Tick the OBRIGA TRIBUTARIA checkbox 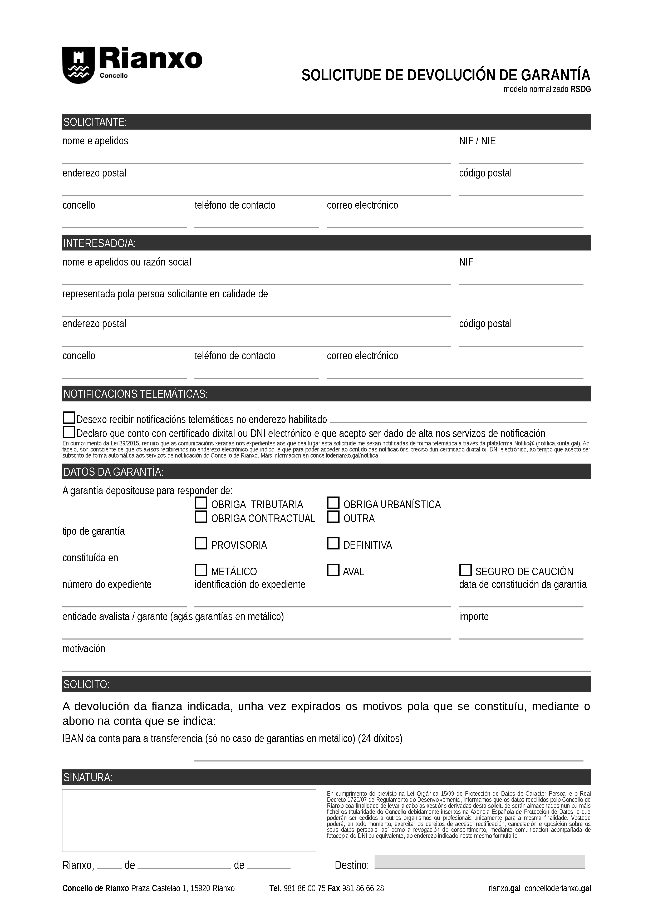tap(201, 503)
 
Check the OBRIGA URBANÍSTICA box tap(333, 503)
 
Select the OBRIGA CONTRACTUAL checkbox tap(201, 517)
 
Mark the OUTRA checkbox tap(333, 517)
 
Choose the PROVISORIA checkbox tap(201, 544)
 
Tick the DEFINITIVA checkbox tap(333, 544)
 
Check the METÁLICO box tap(201, 570)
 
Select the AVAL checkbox tap(333, 570)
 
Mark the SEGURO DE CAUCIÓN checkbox tap(465, 570)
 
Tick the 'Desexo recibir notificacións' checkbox tap(69, 418)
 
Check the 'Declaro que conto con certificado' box tap(69, 432)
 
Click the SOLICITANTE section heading tap(95, 122)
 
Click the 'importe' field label tap(474, 617)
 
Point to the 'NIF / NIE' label tap(477, 141)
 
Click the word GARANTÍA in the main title tap(556, 75)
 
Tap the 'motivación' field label tap(84, 649)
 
